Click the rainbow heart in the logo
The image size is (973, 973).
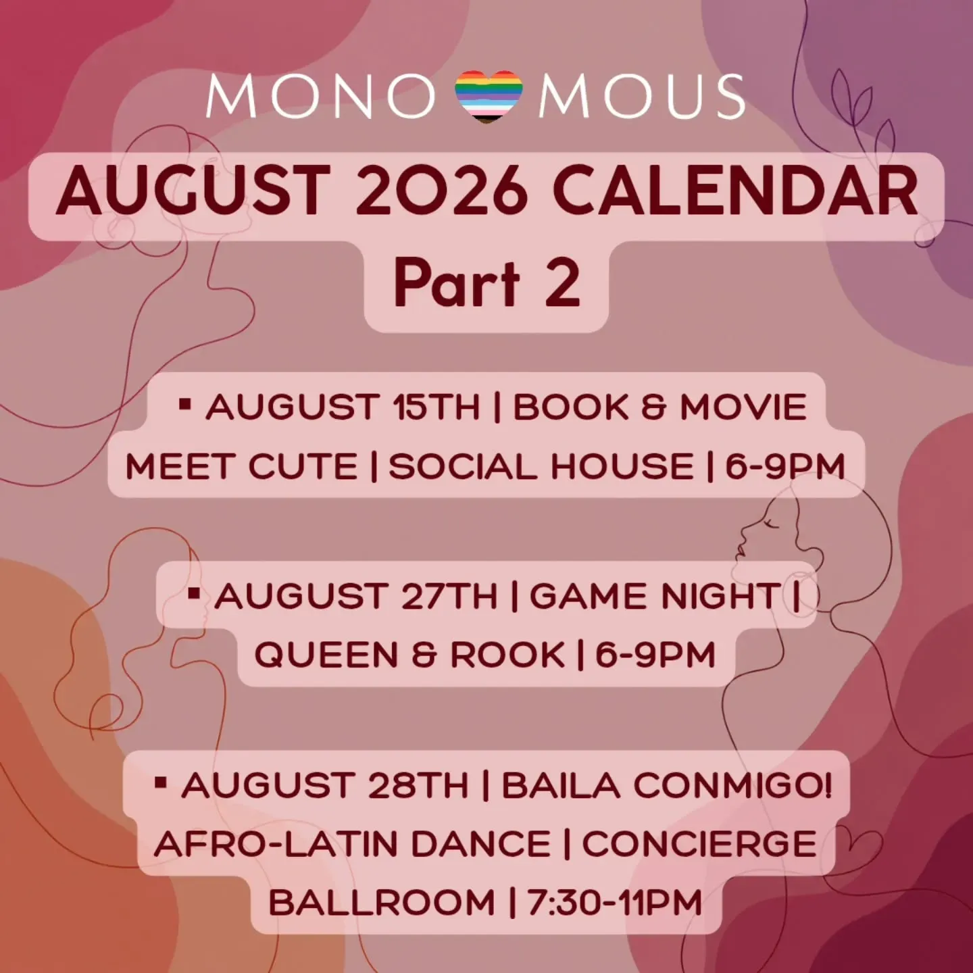point(488,97)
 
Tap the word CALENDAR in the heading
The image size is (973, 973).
point(736,192)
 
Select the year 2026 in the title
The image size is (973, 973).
point(438,192)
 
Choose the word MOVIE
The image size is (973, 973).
point(743,407)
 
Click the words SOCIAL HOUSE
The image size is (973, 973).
point(541,466)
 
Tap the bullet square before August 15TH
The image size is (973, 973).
point(185,403)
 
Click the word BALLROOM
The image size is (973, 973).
point(382,902)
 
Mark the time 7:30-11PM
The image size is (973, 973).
point(614,902)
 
